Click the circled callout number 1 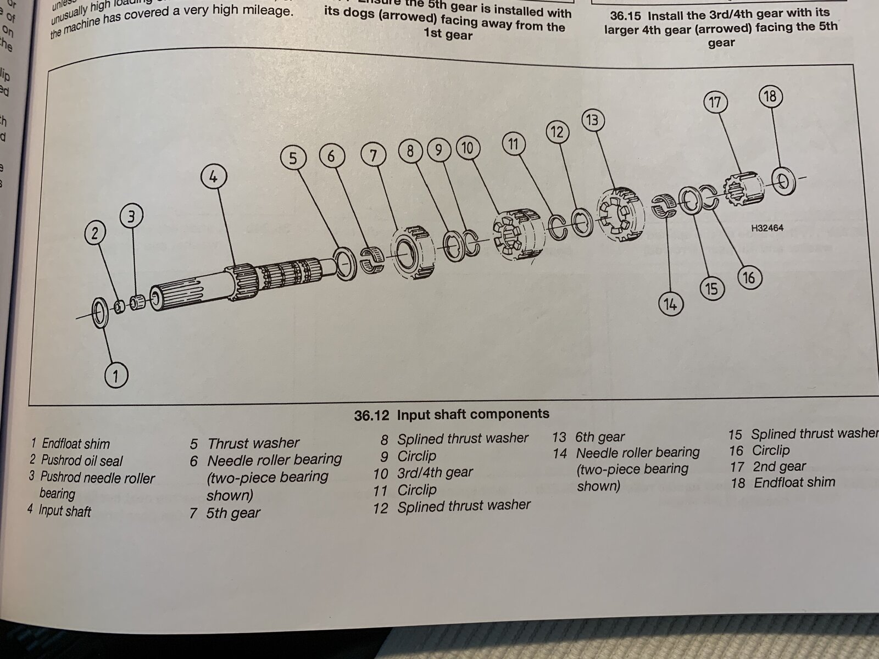point(115,376)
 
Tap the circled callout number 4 point(213,177)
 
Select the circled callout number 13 point(592,120)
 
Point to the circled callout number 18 point(770,97)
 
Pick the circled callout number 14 point(670,304)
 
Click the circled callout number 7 point(374,155)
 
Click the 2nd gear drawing point(739,189)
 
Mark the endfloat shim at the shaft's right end point(782,180)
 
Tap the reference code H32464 point(767,228)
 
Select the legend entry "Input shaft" point(64,511)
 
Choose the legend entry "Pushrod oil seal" point(82,461)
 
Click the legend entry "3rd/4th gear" point(435,472)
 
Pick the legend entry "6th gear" point(599,437)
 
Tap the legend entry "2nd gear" point(778,467)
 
